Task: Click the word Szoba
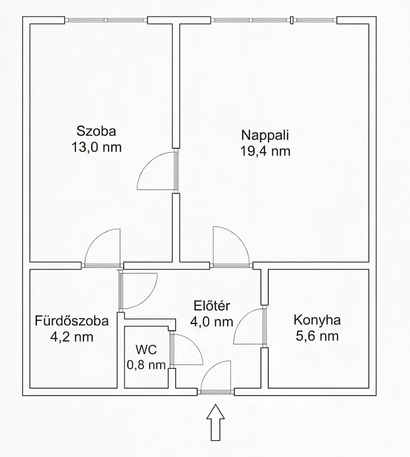[96, 131]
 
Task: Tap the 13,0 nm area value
[96, 147]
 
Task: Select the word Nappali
[265, 136]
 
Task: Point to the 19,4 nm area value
[265, 151]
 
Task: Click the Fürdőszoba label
[72, 320]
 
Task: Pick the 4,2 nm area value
[72, 337]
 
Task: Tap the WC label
[146, 349]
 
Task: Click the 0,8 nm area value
[146, 365]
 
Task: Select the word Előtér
[212, 306]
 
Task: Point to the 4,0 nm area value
[212, 322]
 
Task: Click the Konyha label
[317, 320]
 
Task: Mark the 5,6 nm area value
[317, 336]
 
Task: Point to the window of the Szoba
[106, 20]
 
